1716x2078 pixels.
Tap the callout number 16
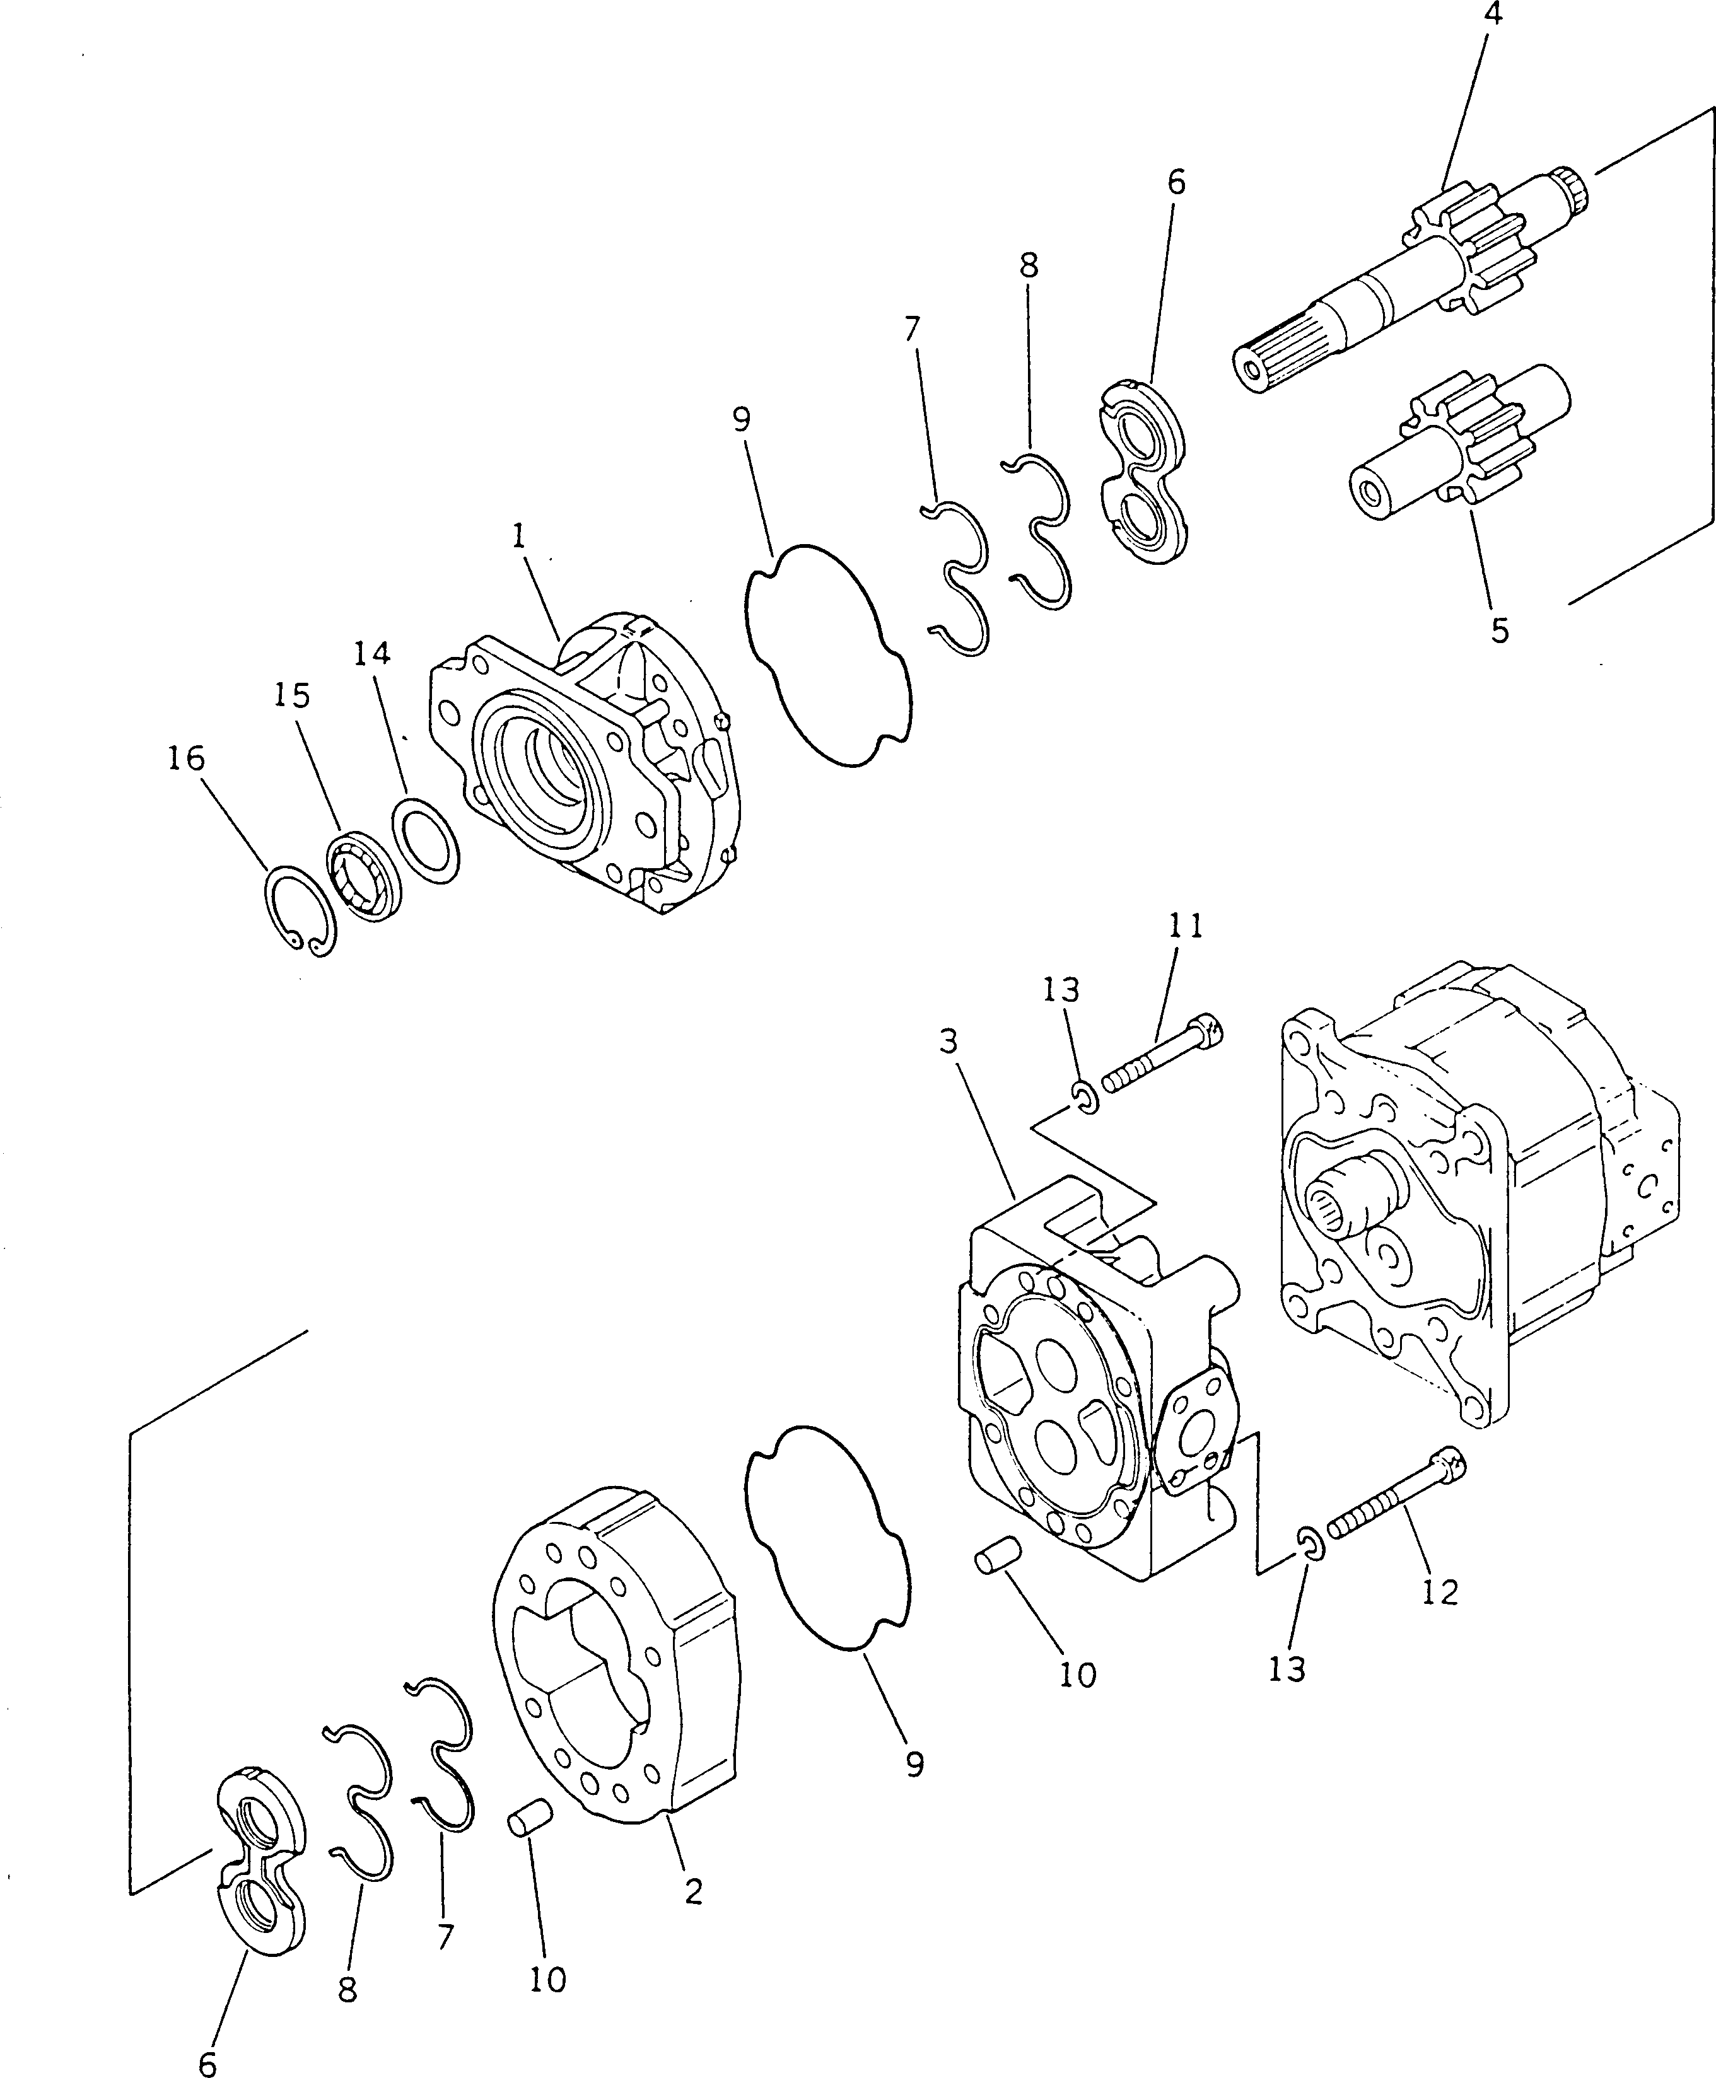186,759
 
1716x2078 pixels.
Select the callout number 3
948,1042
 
